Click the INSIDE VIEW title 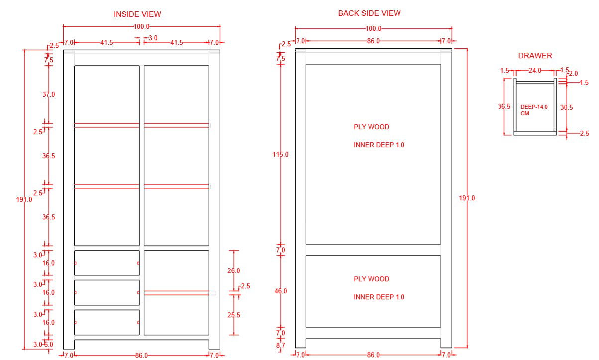point(137,14)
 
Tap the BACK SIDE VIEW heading point(369,13)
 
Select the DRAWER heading point(535,56)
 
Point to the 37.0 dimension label point(48,94)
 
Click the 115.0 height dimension point(280,155)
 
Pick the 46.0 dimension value point(280,291)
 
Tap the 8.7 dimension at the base point(280,345)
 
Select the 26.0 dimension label point(233,271)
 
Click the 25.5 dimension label point(233,315)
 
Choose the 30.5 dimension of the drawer point(566,107)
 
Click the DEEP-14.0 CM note point(533,110)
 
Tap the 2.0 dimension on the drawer point(573,74)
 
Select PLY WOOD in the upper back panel point(371,127)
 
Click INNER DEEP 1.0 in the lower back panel point(379,297)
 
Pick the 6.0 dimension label point(49,345)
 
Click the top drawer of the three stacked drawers point(106,263)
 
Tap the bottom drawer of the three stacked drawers point(106,322)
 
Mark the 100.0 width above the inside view point(141,27)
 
